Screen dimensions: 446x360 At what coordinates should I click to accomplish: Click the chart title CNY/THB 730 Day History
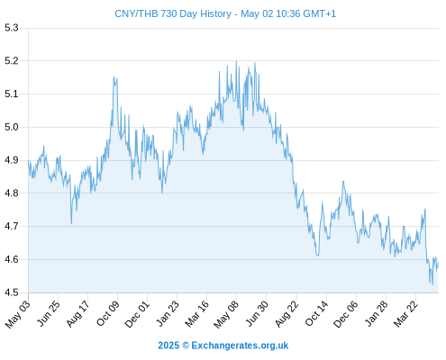click(x=173, y=13)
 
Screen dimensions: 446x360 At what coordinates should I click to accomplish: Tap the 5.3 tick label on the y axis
click(x=12, y=28)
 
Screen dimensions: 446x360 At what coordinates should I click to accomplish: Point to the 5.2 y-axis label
click(x=12, y=61)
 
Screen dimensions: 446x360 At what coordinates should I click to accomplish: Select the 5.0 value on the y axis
click(x=12, y=127)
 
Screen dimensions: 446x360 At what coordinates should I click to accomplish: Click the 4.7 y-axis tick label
click(x=12, y=226)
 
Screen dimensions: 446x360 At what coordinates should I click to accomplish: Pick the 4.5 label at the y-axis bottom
click(x=12, y=292)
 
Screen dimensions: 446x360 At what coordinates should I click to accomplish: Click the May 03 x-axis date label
click(x=18, y=314)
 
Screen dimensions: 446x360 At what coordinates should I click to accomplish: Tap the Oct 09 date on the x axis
click(x=107, y=313)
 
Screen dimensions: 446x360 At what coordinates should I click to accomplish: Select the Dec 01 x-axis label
click(x=137, y=314)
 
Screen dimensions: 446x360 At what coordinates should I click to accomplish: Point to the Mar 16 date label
click(x=196, y=314)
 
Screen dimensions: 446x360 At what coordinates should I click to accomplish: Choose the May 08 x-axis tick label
click(x=226, y=314)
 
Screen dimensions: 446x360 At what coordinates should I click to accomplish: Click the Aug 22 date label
click(x=287, y=314)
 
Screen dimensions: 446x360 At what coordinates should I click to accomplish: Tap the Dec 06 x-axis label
click(x=346, y=314)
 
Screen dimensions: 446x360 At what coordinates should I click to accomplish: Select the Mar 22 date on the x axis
click(x=405, y=314)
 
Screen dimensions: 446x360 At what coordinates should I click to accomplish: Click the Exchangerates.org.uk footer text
click(x=240, y=346)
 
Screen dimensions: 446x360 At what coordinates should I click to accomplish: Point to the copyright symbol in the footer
click(x=186, y=346)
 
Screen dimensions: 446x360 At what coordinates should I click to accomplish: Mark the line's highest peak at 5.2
click(x=236, y=61)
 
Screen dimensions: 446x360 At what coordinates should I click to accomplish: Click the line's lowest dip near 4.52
click(x=432, y=284)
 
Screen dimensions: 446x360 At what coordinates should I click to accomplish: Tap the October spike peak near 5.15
click(x=114, y=77)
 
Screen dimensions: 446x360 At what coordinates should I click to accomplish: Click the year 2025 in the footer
click(x=168, y=346)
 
